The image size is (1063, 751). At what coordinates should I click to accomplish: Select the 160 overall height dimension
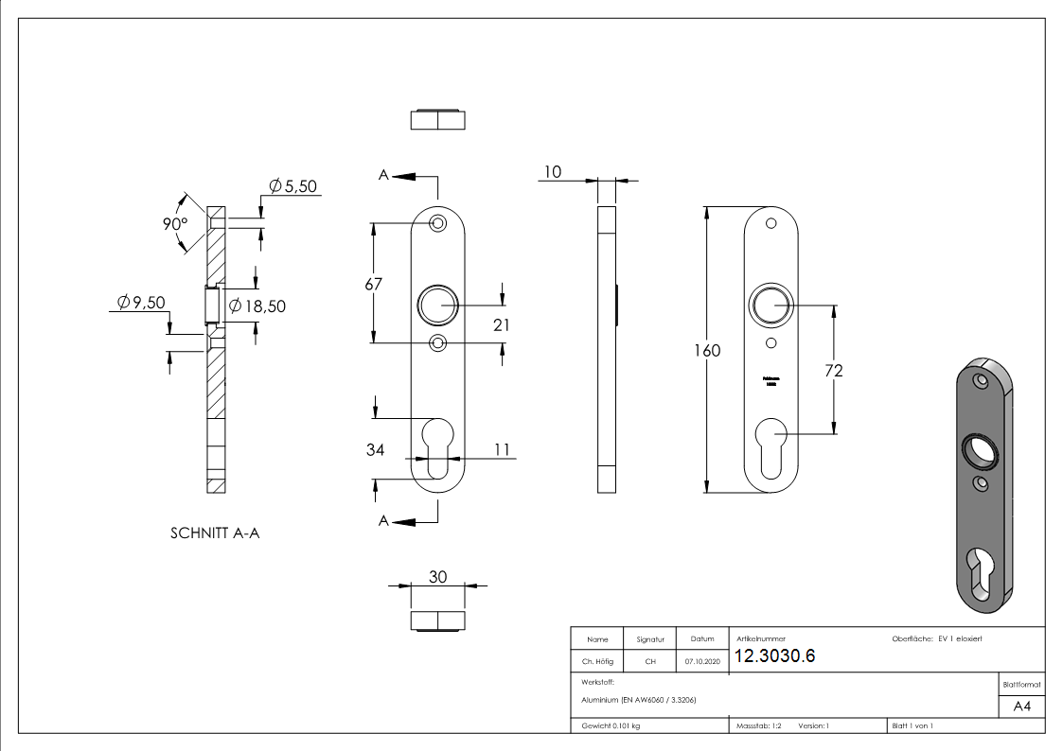706,351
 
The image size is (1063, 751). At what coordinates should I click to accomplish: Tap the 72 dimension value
833,371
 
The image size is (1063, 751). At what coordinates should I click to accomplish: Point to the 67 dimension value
374,284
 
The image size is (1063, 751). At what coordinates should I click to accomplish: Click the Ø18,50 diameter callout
257,306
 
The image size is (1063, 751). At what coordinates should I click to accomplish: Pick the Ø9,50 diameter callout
141,303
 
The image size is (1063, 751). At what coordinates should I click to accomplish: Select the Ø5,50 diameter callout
292,186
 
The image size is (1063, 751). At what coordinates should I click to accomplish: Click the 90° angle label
174,225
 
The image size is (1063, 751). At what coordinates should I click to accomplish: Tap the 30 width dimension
437,577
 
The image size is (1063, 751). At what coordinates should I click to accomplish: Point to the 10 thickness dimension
553,171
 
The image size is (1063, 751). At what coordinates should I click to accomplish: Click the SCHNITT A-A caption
215,533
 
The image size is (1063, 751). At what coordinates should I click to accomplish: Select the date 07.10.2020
701,662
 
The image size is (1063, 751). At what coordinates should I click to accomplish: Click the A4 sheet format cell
1022,707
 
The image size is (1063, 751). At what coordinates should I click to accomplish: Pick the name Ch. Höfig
597,662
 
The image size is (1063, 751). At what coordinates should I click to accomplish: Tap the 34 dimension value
375,449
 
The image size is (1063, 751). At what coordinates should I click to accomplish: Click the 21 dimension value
502,324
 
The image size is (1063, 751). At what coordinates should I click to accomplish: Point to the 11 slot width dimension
502,449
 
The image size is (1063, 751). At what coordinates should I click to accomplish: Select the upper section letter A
383,175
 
